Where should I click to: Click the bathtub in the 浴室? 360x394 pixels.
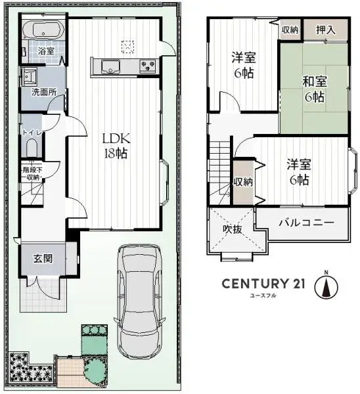43,30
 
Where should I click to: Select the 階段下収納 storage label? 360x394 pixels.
32,173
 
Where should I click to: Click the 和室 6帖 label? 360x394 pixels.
314,89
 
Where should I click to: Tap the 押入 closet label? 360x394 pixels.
325,30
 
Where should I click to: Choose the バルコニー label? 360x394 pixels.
305,223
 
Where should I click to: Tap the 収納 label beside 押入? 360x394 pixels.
290,30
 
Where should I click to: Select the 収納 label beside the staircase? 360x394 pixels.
242,182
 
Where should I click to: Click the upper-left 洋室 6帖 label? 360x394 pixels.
243,66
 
